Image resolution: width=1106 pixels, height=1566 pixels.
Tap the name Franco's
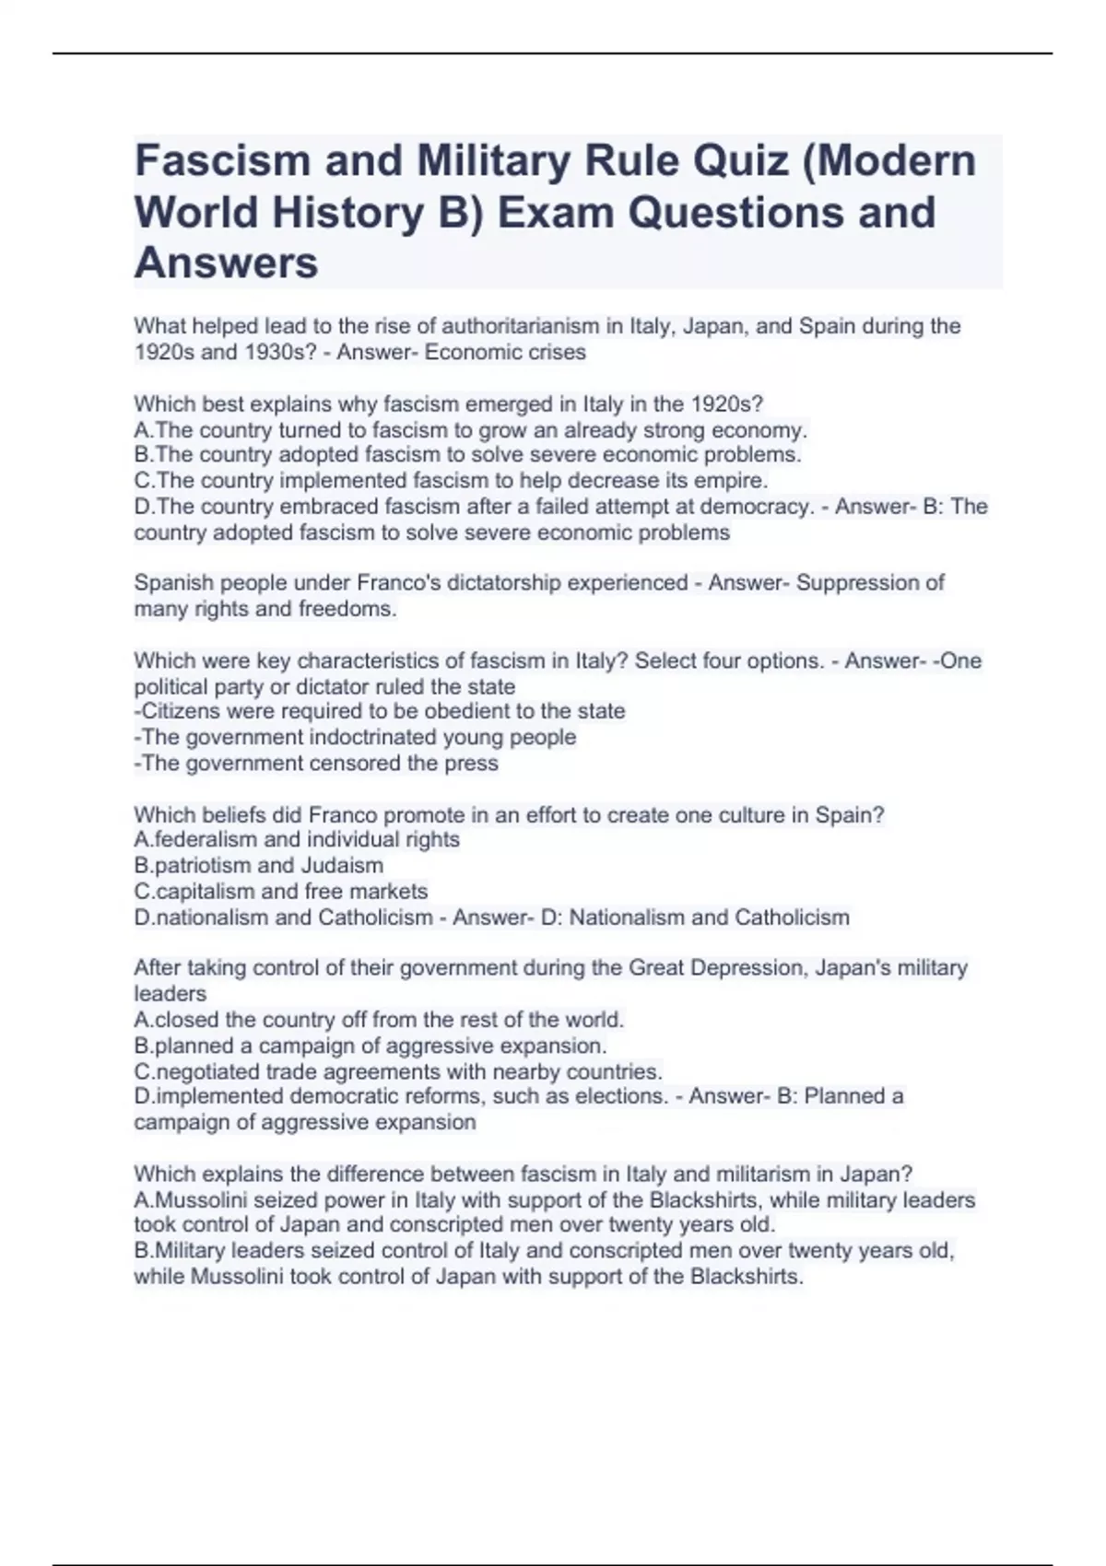[394, 583]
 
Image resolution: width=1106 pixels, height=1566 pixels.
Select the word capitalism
[206, 891]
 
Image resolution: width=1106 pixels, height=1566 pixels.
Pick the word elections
[620, 1096]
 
